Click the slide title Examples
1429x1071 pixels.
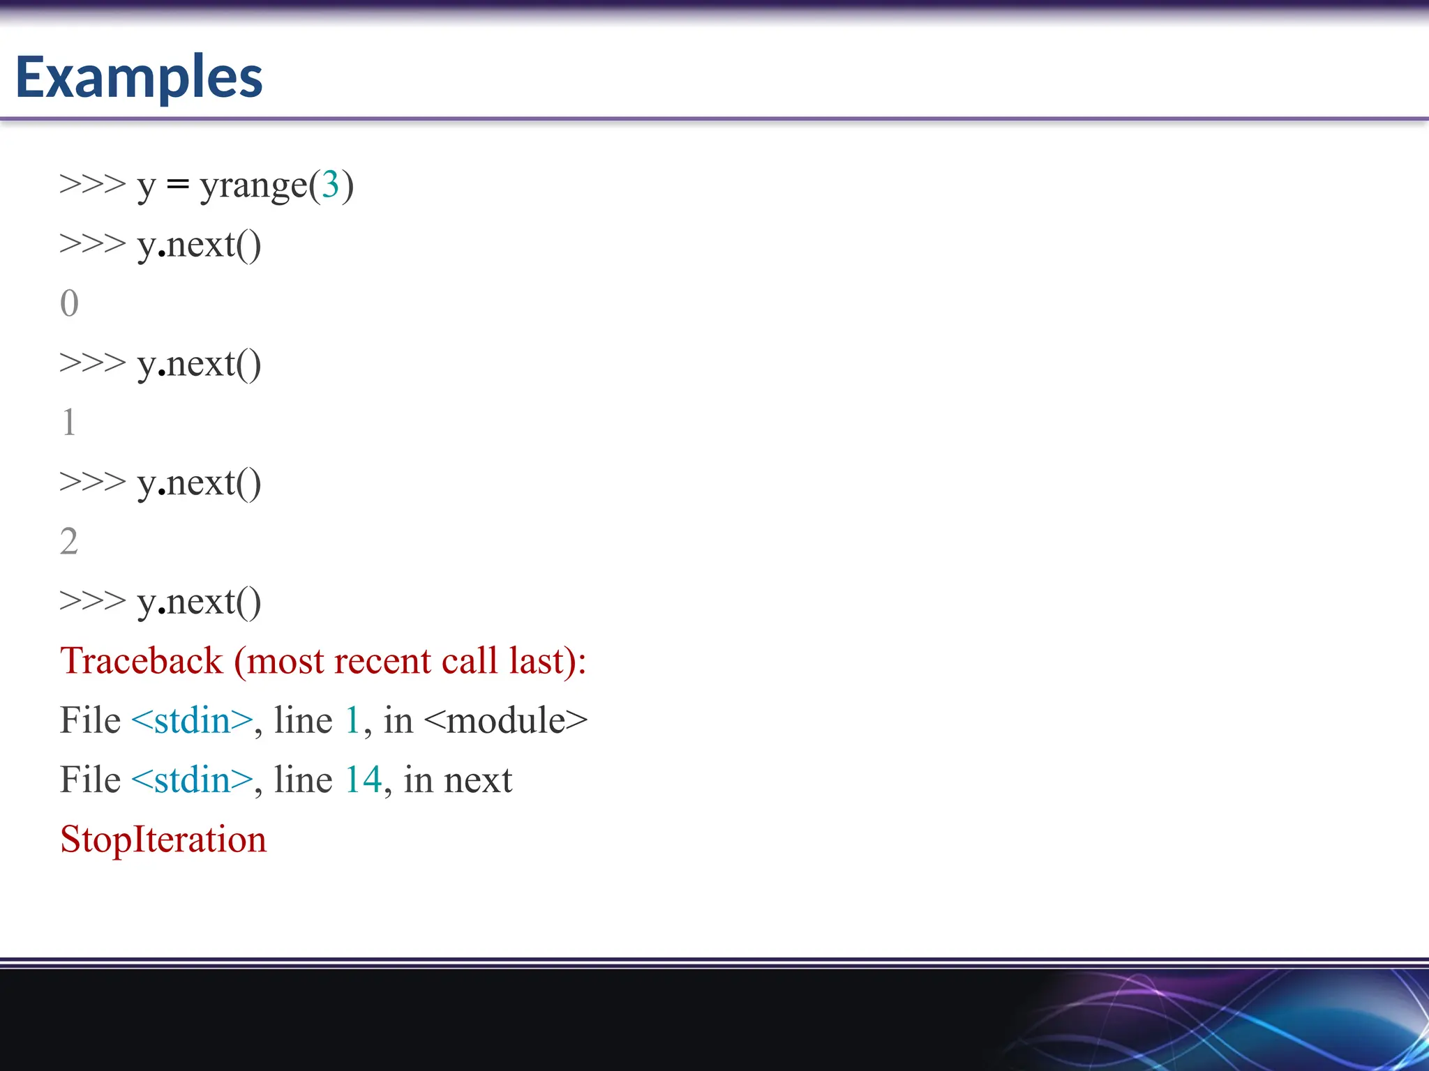[139, 77]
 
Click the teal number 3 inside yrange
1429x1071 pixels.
[330, 185]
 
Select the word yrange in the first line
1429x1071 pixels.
[253, 186]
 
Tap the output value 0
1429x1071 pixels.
[69, 303]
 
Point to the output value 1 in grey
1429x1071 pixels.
[68, 423]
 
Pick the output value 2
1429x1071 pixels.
[68, 541]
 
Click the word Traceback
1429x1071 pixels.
[141, 660]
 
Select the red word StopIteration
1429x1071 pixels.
[163, 839]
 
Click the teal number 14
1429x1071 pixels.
[363, 780]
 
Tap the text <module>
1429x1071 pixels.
[505, 720]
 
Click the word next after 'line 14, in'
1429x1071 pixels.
[478, 780]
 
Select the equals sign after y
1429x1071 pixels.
[178, 185]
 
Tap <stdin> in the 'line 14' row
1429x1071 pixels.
[192, 780]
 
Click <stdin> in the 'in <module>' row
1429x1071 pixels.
[192, 720]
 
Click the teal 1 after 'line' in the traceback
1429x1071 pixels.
[352, 720]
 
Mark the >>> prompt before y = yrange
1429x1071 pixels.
[92, 185]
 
